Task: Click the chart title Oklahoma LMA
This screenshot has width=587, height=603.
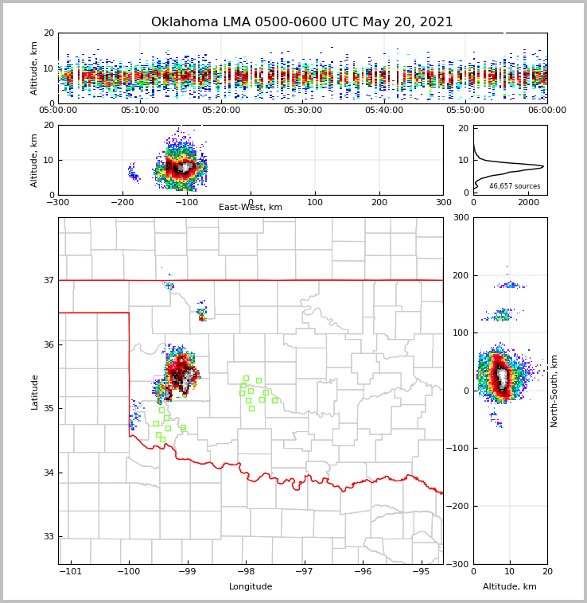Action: [301, 22]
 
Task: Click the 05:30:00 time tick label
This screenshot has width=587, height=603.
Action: [302, 111]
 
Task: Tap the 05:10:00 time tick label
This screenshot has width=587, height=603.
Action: [139, 111]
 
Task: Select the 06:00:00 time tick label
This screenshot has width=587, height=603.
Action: [546, 111]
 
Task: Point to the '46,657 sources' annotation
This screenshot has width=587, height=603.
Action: [515, 186]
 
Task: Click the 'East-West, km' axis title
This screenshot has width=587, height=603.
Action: [251, 208]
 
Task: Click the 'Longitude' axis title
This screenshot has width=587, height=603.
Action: [251, 587]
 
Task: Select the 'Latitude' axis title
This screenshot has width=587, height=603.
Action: [35, 391]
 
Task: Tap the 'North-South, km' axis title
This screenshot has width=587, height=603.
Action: [554, 391]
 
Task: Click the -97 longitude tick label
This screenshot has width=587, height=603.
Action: [304, 572]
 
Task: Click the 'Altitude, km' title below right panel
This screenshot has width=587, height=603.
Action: [510, 587]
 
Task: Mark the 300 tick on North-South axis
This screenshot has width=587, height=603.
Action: [460, 217]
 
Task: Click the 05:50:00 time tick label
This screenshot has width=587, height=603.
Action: [465, 111]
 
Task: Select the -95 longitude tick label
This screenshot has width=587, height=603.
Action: [421, 572]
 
